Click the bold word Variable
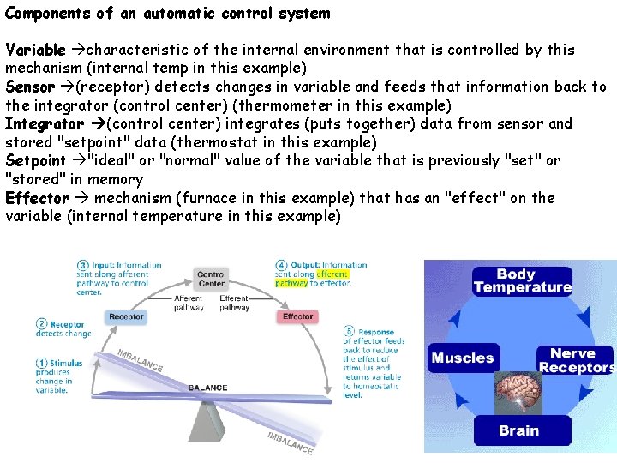pos(35,50)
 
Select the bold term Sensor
pos(31,87)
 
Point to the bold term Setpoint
pos(36,160)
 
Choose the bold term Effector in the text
pos(37,198)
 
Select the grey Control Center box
pos(211,279)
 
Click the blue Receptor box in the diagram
pos(126,316)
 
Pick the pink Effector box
pos(297,316)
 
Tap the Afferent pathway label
pos(189,302)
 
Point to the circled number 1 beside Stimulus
pos(41,363)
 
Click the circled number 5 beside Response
pos(350,331)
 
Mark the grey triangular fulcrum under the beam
pos(209,420)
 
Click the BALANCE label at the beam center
pos(207,388)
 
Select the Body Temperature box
pos(522,280)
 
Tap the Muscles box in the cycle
pos(463,358)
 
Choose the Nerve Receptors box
pos(575,360)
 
